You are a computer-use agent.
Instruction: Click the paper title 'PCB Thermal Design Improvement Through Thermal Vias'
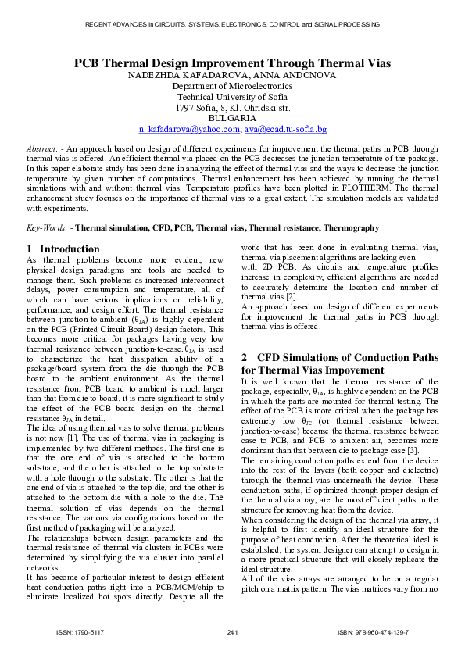click(x=232, y=63)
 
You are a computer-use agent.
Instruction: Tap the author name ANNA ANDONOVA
click(x=295, y=76)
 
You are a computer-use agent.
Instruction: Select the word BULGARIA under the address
click(x=232, y=118)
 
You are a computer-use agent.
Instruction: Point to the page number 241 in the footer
click(x=232, y=631)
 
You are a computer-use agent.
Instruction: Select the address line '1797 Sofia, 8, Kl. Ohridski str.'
click(x=232, y=108)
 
